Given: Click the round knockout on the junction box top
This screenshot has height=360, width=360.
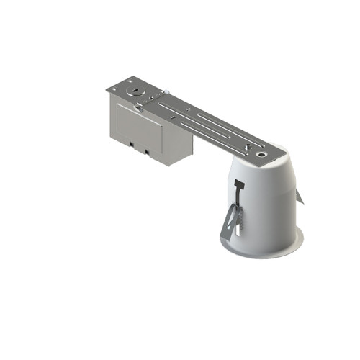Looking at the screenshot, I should (x=134, y=91).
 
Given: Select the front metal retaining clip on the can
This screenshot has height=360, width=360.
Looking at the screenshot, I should (x=232, y=222).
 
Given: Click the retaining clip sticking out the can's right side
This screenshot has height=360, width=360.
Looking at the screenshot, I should (x=301, y=195).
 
